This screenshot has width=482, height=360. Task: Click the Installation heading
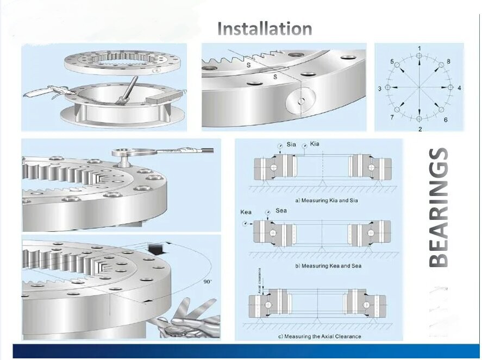click(265, 28)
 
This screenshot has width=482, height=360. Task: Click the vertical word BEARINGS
click(440, 207)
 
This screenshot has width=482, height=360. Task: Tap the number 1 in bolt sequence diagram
click(419, 48)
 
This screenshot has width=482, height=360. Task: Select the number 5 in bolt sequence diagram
click(392, 62)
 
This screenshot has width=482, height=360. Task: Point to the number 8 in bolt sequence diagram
click(448, 61)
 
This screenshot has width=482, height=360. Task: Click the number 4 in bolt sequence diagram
click(460, 87)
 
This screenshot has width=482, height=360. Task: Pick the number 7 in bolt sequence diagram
click(392, 117)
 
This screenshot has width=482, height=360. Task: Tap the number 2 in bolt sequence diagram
click(420, 129)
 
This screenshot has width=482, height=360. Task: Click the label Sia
click(291, 144)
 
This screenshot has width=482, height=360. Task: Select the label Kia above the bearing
click(315, 144)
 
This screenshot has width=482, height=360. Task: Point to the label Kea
click(246, 212)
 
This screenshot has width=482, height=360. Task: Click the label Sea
click(281, 211)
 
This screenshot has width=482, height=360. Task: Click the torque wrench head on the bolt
click(123, 154)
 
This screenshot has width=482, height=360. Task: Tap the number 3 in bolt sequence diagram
click(380, 88)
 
